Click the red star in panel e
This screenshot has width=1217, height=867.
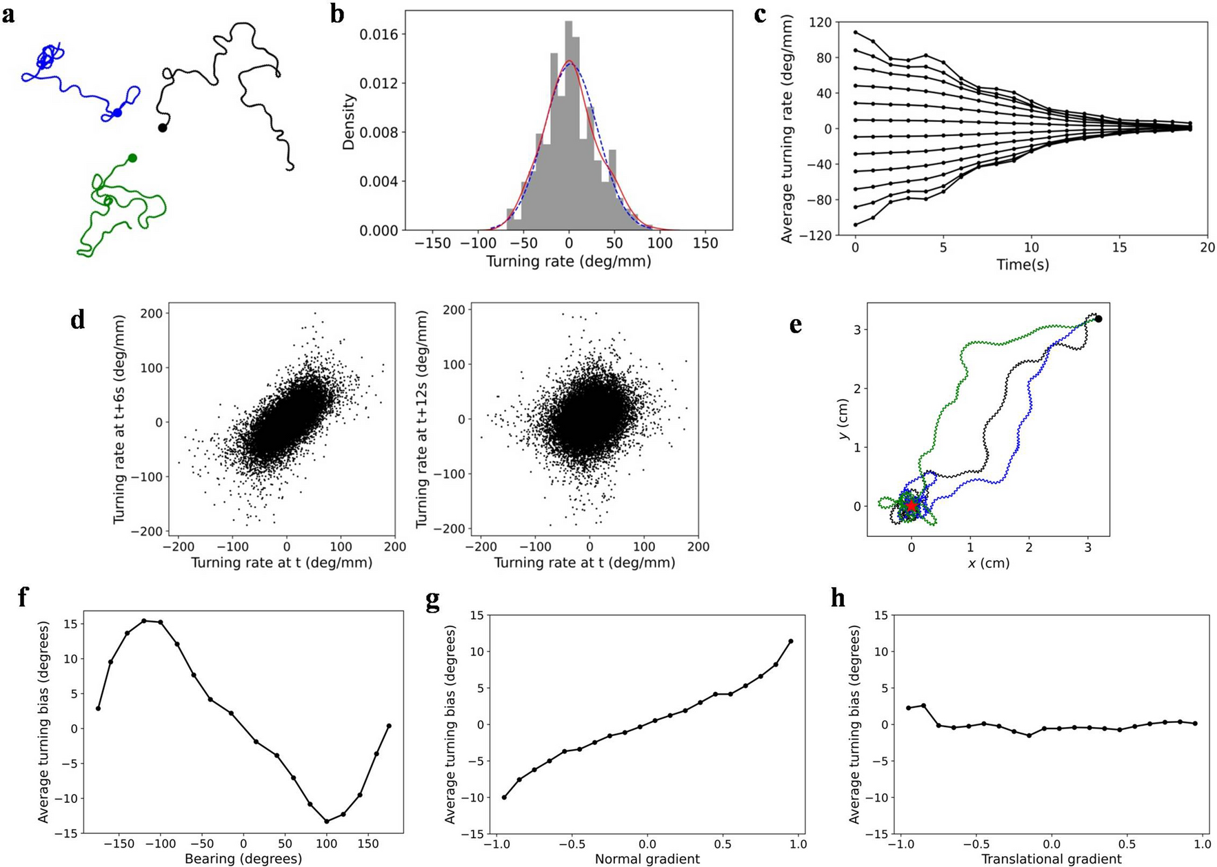pyautogui.click(x=911, y=505)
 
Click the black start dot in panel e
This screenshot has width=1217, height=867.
pyautogui.click(x=1098, y=318)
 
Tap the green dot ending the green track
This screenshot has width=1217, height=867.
pyautogui.click(x=132, y=158)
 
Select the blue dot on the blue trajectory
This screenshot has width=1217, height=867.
pyautogui.click(x=117, y=112)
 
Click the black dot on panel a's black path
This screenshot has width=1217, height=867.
pyautogui.click(x=163, y=127)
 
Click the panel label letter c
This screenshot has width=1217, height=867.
pyautogui.click(x=761, y=14)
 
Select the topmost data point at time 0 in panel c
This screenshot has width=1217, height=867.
pyautogui.click(x=856, y=32)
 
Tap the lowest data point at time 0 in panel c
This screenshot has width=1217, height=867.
pyautogui.click(x=856, y=225)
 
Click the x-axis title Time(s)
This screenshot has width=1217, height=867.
pyautogui.click(x=1023, y=265)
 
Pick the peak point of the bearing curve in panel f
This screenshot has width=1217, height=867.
pyautogui.click(x=144, y=620)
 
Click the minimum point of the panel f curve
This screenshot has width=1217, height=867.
pyautogui.click(x=327, y=821)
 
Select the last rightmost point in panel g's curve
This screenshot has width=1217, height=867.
pyautogui.click(x=791, y=641)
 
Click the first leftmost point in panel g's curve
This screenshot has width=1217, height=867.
pyautogui.click(x=504, y=797)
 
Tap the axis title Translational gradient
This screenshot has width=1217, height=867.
pyautogui.click(x=1051, y=859)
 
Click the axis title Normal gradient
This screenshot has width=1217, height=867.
pyautogui.click(x=647, y=859)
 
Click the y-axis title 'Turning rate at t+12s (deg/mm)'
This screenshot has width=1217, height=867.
pyautogui.click(x=421, y=419)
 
